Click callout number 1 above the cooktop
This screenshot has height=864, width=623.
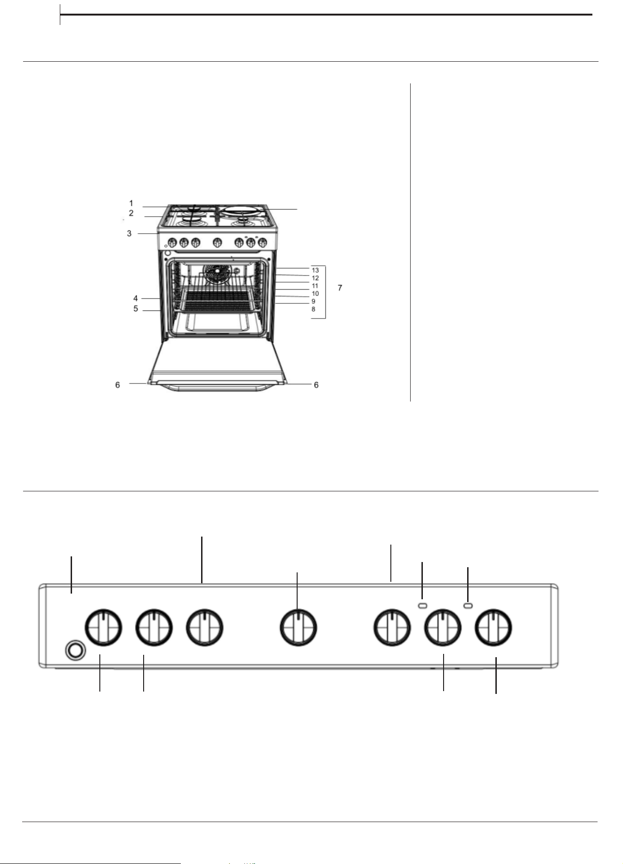[131, 204]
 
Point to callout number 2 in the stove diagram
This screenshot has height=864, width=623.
[131, 213]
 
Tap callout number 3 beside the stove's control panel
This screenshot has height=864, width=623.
[129, 233]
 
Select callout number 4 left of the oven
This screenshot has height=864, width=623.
[136, 298]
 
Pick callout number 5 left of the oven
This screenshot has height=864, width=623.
[136, 309]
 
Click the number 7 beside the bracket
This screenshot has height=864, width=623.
[340, 287]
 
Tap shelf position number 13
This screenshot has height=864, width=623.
[316, 270]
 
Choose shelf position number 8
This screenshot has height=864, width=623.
[313, 310]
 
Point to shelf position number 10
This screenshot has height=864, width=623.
[316, 293]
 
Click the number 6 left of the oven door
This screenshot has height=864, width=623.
[118, 385]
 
